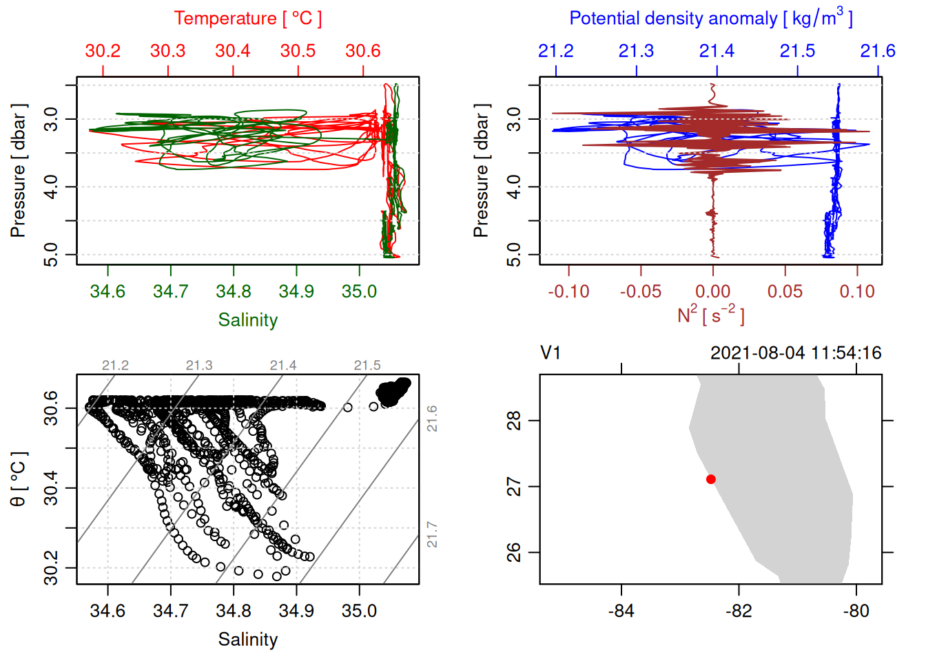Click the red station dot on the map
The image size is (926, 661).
point(710,479)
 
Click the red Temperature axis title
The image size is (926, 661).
point(247,19)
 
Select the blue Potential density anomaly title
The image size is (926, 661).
point(710,19)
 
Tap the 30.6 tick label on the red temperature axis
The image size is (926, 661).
point(363,51)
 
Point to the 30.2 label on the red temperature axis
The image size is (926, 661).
point(103,51)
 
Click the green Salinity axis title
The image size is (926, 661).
point(247,320)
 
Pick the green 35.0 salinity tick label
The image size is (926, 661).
point(359,292)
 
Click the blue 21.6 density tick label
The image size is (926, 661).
point(878,51)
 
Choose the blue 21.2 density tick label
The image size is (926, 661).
point(555,51)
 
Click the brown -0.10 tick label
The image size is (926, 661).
point(568,292)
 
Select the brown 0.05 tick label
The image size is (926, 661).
point(785,292)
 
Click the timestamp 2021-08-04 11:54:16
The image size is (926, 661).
point(796,353)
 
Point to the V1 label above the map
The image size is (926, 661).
point(551,353)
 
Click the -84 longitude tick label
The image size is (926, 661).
point(621,611)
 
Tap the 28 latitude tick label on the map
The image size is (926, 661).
point(514,420)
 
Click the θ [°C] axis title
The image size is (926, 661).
point(19,479)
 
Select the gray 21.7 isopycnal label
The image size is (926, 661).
point(432,534)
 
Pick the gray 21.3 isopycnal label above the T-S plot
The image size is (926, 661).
point(199,366)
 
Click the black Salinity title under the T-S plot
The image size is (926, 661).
point(247,640)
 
